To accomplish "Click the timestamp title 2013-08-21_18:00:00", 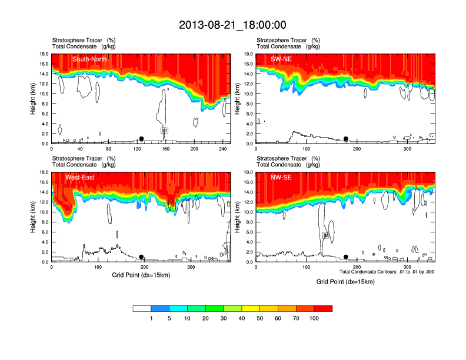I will tap(232, 25).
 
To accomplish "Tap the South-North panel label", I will tap(88, 59).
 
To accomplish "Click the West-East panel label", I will tap(85, 177).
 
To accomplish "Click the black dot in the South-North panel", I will tap(141, 139).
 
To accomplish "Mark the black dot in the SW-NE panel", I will tap(346, 139).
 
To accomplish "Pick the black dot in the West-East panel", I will tap(141, 257).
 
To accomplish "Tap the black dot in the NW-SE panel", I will tap(346, 257).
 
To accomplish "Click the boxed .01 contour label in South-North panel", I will tap(165, 130).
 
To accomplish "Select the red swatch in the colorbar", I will tap(323, 308).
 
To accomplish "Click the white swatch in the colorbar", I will tap(142, 308).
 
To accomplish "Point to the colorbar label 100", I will tap(314, 318).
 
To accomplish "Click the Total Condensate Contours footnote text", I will tap(387, 272).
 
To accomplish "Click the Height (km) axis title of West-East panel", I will tap(32, 217).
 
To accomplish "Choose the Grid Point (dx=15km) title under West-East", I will tap(141, 275).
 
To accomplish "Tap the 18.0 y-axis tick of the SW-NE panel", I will tap(248, 54).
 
